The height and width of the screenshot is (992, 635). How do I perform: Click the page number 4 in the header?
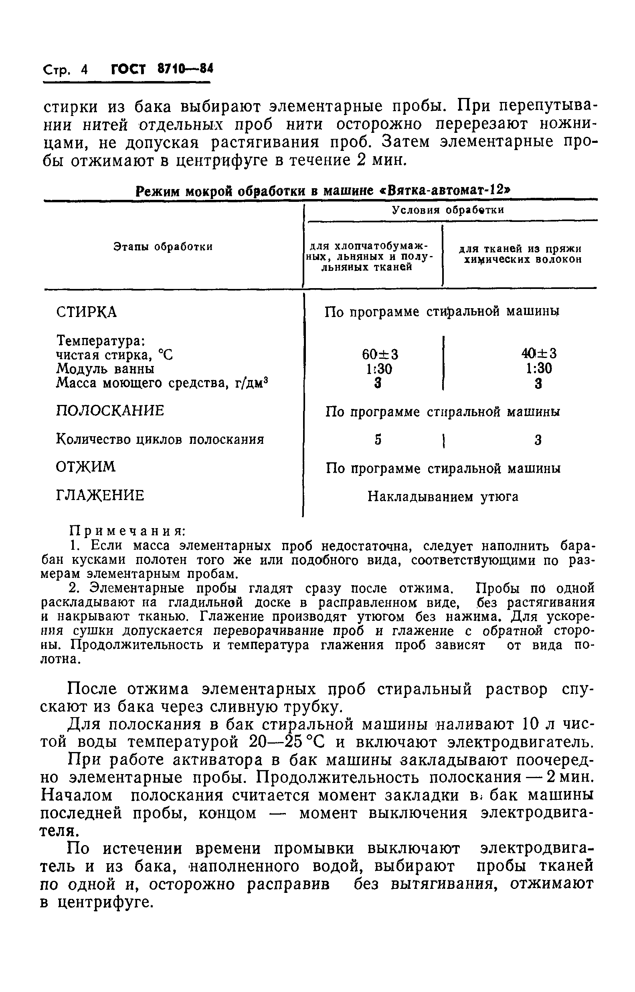coord(85,70)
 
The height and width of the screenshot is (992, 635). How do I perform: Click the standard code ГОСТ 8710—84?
coord(162,69)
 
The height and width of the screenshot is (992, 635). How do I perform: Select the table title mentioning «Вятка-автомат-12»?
coord(323,191)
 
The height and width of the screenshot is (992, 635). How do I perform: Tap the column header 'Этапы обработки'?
coord(163,247)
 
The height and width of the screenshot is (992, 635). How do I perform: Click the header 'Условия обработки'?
coord(448,210)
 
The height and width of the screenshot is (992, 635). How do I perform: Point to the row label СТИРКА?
coord(86,312)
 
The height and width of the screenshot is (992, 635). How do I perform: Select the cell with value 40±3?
coord(539,353)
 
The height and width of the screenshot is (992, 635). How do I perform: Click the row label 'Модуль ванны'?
coord(105,368)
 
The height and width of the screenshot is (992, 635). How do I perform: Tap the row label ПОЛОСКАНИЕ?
coord(110,411)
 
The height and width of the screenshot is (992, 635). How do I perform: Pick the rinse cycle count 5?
coord(378,440)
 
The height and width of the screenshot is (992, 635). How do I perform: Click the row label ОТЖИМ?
coord(85,467)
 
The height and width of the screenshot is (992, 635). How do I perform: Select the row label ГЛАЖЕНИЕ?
coord(100,495)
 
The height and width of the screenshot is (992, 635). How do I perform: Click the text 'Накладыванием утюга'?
coord(443,497)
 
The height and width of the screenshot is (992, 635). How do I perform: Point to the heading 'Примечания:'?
coord(127,531)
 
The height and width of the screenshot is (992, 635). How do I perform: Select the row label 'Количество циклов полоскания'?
coord(160,439)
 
